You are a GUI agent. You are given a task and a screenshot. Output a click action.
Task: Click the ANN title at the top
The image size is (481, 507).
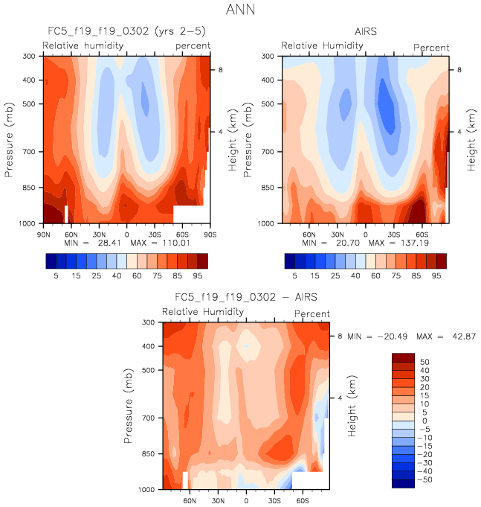240,10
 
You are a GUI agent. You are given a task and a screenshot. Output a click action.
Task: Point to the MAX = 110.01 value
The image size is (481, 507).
173,243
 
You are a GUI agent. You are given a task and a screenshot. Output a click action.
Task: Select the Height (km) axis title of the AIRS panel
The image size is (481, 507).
471,139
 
